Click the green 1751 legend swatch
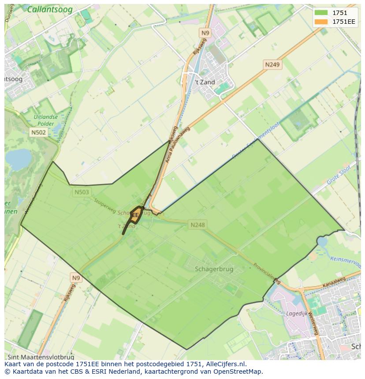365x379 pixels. coord(321,13)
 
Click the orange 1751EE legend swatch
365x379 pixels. coord(321,22)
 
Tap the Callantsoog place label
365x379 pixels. coord(49,9)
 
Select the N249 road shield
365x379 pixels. coord(272,65)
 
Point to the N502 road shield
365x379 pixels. coord(38,132)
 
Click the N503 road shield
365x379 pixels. coord(82,192)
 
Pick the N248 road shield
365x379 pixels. coord(197,225)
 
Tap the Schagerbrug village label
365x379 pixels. coord(214,269)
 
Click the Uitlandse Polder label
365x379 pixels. coord(45,120)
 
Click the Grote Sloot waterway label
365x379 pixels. coord(339,175)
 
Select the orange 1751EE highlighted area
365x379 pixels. coord(134,215)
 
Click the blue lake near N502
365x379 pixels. coord(18,158)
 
